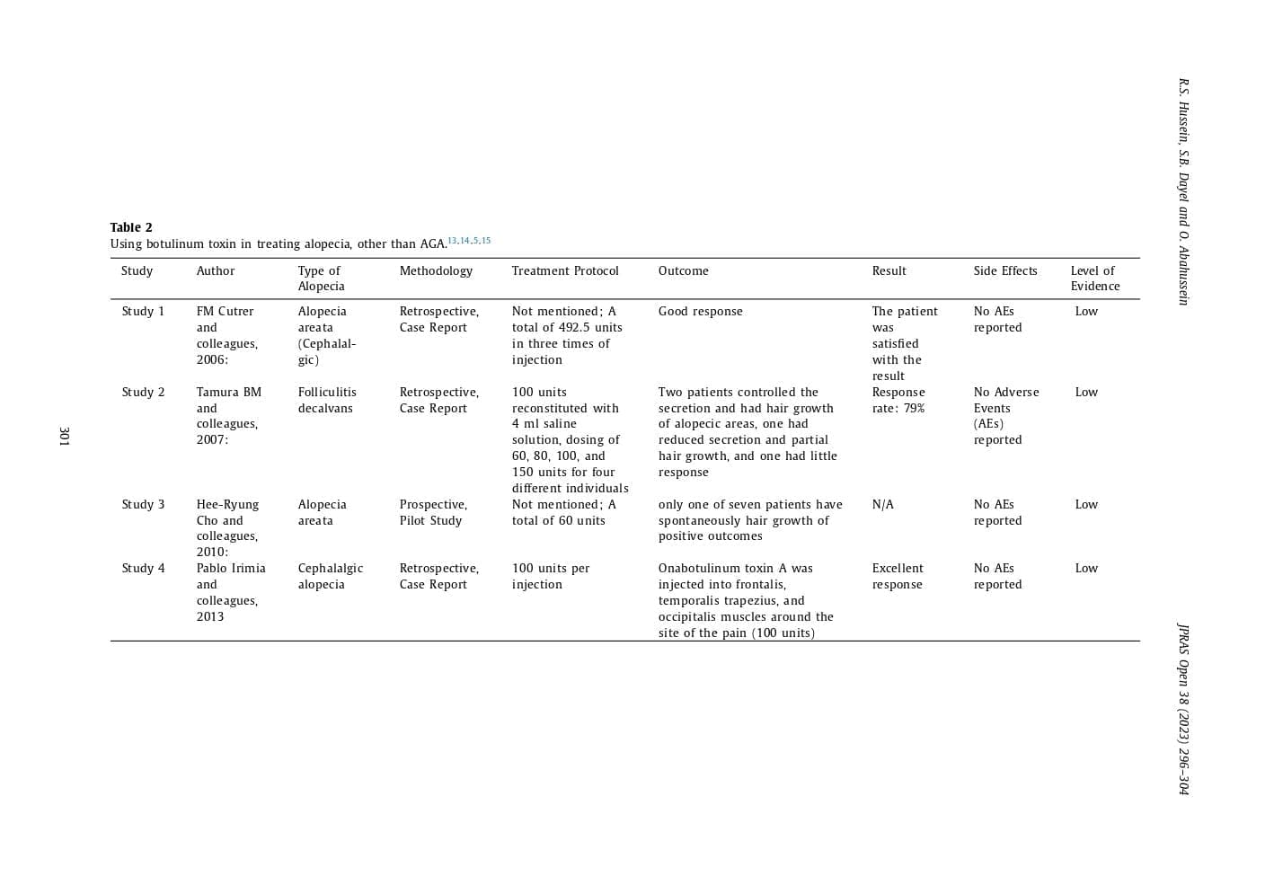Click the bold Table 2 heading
(131, 227)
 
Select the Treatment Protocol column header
(565, 270)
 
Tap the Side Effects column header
(1004, 270)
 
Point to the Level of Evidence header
(1094, 279)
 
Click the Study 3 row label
(143, 504)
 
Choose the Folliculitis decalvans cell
(327, 400)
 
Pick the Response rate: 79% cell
(898, 400)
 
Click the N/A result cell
(882, 504)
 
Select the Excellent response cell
(897, 576)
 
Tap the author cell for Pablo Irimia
(230, 592)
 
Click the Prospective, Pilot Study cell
(433, 512)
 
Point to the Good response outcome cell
(700, 311)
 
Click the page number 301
(64, 436)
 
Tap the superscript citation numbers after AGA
(469, 241)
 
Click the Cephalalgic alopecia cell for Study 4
(330, 576)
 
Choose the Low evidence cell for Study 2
(1086, 392)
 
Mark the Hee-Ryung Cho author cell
(227, 527)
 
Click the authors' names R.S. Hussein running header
(1183, 191)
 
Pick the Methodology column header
(436, 270)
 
